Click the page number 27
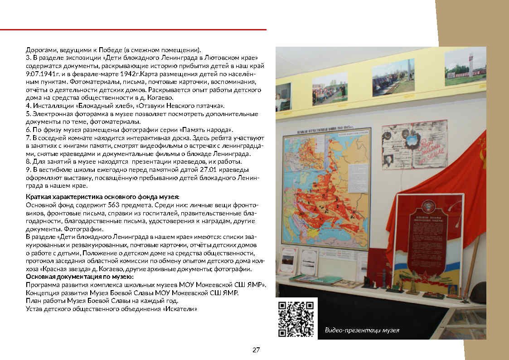(x=256, y=350)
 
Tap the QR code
(x=296, y=318)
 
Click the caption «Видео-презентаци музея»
(x=362, y=330)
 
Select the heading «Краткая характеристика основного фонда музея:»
(x=103, y=197)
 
